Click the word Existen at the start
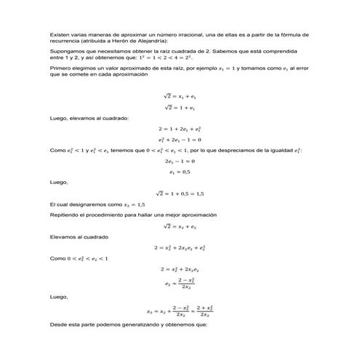(60, 34)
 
